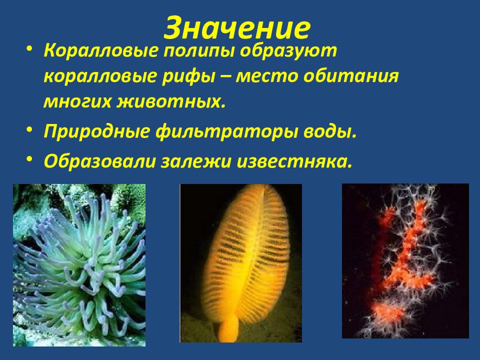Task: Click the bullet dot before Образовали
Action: click(30, 158)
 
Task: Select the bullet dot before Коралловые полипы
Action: click(30, 48)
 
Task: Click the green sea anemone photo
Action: click(79, 265)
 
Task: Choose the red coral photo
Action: click(405, 260)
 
